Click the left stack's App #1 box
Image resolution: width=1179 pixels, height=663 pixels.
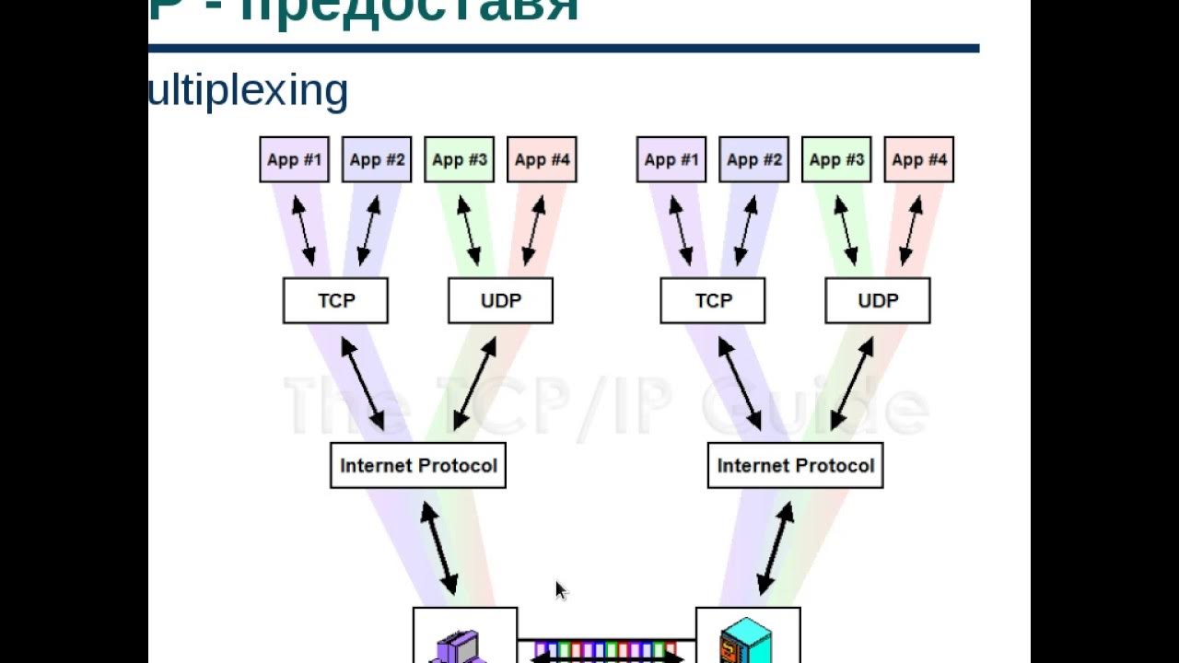pos(294,159)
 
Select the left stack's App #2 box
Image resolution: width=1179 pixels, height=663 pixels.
pos(377,159)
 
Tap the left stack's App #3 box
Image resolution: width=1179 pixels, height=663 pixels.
pos(459,159)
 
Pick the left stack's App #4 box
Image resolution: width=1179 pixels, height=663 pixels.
pos(542,159)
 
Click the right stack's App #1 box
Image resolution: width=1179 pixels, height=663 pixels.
pos(671,159)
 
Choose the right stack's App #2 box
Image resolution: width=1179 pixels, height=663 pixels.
pos(753,159)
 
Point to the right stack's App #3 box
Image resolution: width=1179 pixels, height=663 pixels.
pos(836,159)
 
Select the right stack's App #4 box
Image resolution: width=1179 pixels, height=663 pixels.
pos(918,159)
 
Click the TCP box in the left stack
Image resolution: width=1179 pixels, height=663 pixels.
pos(335,301)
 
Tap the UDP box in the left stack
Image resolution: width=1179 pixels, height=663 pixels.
pos(500,301)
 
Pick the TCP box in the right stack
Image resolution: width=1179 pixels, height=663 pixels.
pos(713,301)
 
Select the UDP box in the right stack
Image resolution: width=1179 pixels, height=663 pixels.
pos(878,301)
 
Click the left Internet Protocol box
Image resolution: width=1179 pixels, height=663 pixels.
pos(418,466)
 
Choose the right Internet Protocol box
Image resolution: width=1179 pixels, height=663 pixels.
pos(795,466)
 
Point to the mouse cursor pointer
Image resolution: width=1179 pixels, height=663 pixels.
pos(560,588)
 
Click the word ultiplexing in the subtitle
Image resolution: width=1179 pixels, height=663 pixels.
pos(249,91)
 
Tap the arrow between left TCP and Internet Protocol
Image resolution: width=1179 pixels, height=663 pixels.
pos(362,383)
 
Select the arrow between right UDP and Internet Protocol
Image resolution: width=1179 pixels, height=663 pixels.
pos(852,383)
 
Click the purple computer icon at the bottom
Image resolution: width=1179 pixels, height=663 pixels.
pos(457,646)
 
